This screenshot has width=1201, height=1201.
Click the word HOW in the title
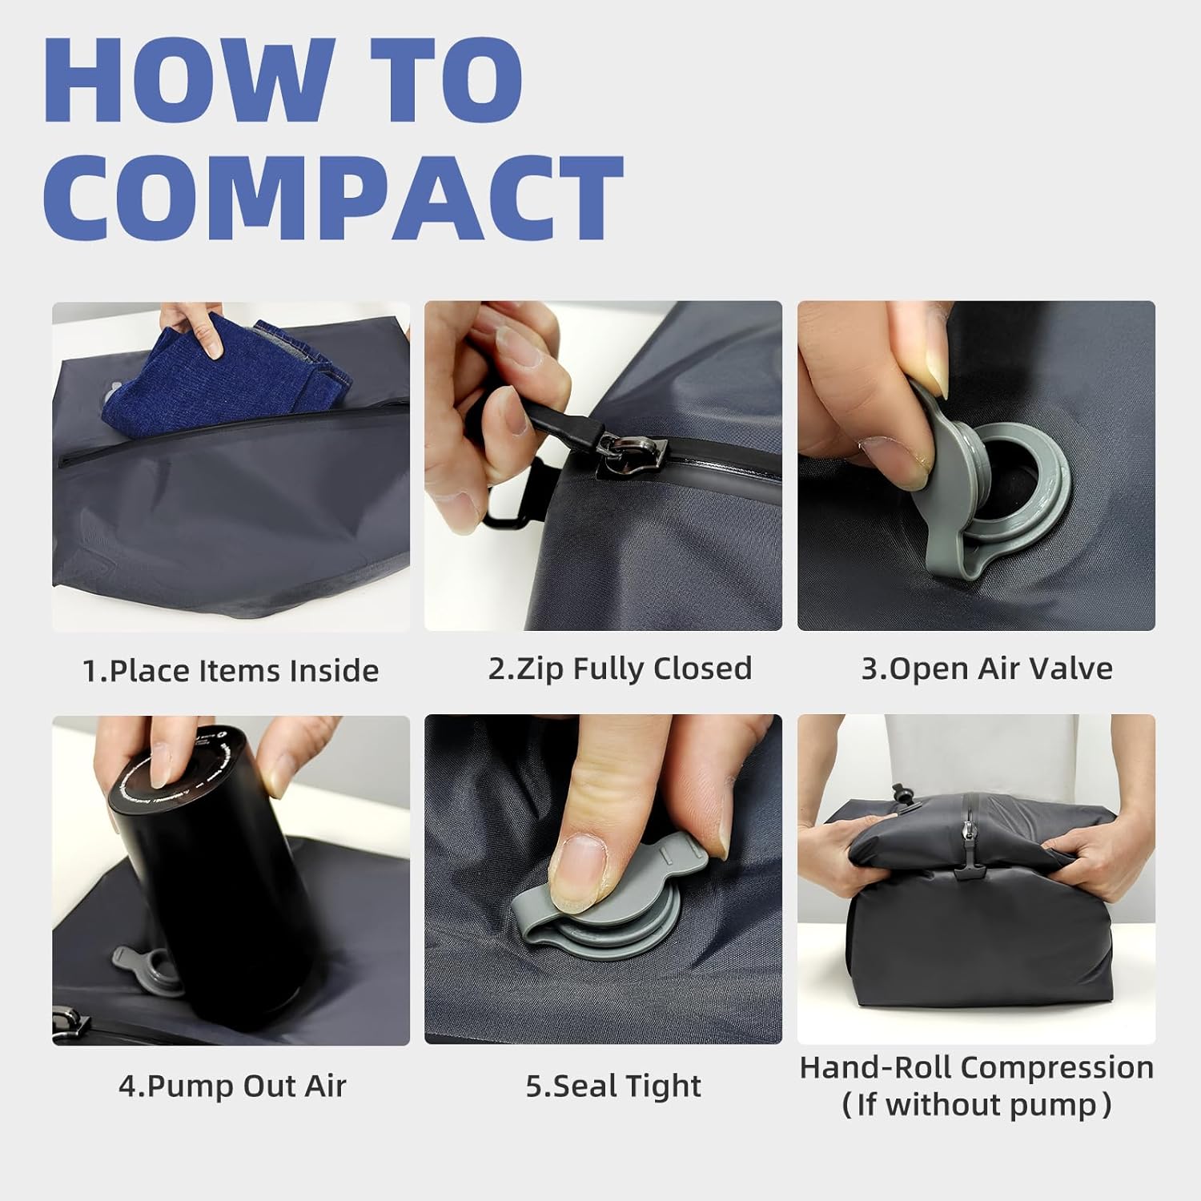[188, 80]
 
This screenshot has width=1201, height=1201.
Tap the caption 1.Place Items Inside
[231, 670]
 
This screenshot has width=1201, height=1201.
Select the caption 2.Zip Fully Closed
[620, 669]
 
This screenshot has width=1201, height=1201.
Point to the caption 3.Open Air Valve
[986, 669]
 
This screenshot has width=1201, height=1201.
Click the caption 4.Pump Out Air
[232, 1086]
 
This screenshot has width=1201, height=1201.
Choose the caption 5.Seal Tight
[613, 1086]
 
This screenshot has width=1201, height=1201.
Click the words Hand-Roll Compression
[976, 1067]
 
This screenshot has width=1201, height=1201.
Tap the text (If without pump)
[976, 1106]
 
